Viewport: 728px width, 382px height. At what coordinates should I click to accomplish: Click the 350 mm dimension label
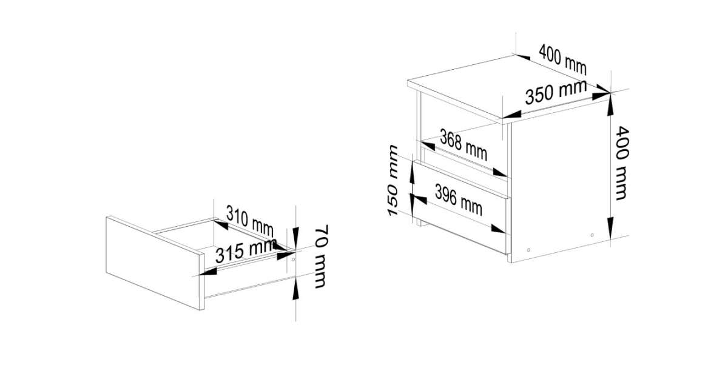tap(556, 92)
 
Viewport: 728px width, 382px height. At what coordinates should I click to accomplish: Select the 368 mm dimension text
tap(463, 144)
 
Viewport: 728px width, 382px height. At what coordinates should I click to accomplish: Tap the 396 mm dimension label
tap(459, 199)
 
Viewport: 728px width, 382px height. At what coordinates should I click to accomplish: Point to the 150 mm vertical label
tap(393, 180)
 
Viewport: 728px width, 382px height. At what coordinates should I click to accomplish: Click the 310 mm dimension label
tap(250, 221)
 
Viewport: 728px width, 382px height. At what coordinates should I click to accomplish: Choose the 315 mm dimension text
tap(246, 250)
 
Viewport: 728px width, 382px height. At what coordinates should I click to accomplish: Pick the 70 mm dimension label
tap(321, 256)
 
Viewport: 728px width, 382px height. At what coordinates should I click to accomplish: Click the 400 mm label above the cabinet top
tap(562, 60)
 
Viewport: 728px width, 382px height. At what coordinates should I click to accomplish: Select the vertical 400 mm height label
tap(622, 163)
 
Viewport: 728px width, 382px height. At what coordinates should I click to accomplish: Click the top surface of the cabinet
tap(508, 87)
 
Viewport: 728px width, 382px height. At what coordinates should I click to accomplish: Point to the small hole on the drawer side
tap(293, 260)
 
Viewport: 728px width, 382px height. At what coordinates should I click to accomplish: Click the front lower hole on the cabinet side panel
tap(529, 250)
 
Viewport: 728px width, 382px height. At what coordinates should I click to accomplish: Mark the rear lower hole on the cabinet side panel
tap(592, 235)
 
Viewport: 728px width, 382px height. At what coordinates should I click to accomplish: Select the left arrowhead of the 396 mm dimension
tap(419, 199)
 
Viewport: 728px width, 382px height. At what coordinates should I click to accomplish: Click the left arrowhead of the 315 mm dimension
tap(208, 272)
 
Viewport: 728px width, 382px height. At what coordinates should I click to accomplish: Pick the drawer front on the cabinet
tap(460, 206)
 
